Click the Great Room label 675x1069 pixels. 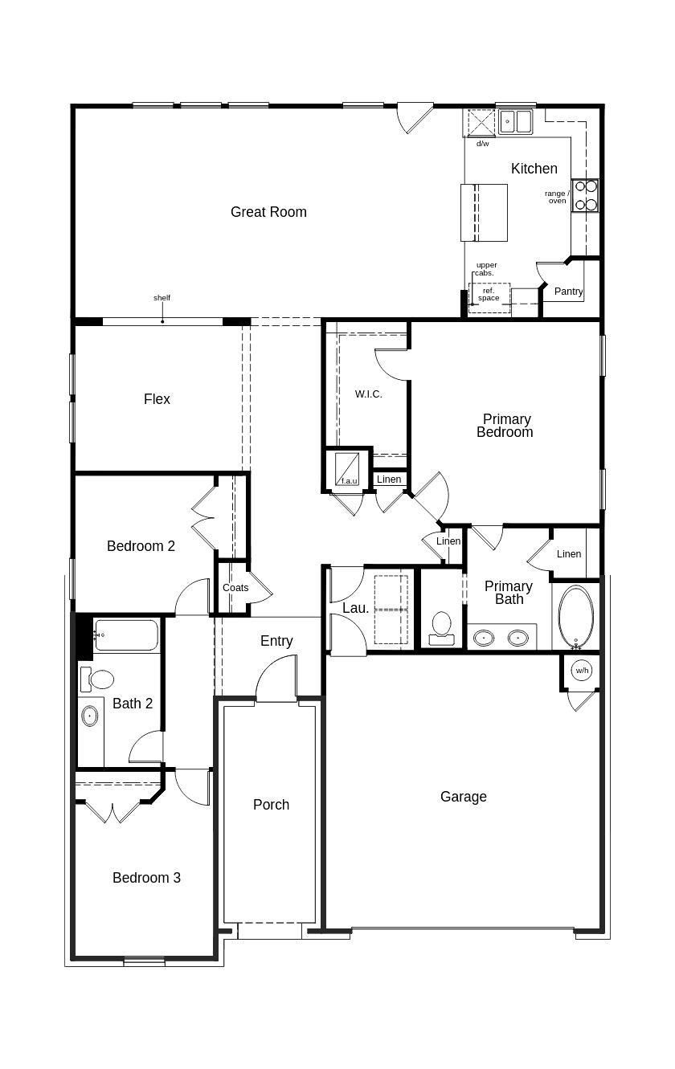click(268, 212)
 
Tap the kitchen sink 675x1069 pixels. click(515, 122)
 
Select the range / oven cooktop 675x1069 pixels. click(585, 195)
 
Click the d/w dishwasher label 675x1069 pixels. click(482, 144)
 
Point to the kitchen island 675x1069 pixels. click(484, 212)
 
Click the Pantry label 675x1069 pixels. click(568, 292)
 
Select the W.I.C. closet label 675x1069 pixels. click(368, 394)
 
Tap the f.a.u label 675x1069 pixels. click(349, 481)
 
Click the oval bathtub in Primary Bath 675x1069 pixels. click(575, 616)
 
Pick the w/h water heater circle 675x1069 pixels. click(581, 670)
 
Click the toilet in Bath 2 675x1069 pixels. click(100, 679)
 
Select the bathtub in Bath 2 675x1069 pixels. click(126, 634)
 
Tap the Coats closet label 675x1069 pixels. click(235, 588)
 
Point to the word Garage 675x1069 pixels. click(463, 797)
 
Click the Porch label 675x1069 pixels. click(271, 805)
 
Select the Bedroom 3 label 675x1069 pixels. click(146, 878)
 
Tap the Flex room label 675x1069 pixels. click(157, 399)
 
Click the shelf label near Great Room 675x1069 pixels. click(162, 298)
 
